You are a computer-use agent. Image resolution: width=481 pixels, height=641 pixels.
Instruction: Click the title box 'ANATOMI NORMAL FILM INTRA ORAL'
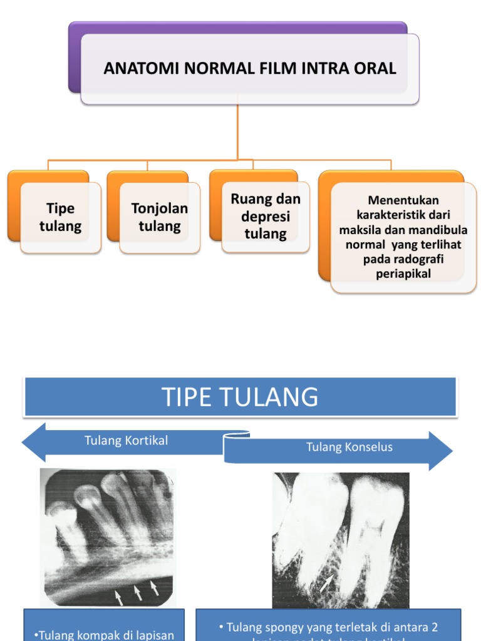pos(249,68)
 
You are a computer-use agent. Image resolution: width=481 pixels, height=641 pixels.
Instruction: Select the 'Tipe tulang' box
pos(60,217)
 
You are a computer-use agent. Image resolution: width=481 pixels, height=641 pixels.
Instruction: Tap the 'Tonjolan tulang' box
pos(160,217)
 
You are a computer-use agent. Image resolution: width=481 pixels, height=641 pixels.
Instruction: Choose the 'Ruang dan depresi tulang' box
pos(266,216)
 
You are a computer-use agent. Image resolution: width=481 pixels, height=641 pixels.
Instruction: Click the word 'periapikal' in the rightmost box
pos(403,274)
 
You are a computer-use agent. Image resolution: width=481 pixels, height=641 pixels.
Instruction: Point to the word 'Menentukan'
pos(403,200)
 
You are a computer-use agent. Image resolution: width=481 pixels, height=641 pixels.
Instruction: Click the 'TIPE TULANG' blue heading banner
pos(240,397)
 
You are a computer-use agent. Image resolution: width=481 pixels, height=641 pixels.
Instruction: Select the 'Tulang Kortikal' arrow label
pos(127,441)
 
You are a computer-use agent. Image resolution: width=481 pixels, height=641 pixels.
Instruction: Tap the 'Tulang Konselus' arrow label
pos(349,447)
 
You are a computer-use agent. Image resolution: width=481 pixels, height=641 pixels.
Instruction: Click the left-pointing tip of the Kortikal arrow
pos(26,442)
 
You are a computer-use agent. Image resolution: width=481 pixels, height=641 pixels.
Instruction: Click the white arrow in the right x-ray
pos(326,583)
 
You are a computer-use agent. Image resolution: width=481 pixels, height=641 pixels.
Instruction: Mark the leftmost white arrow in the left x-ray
pos(119,598)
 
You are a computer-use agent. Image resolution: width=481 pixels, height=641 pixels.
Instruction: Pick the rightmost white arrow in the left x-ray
pos(154,587)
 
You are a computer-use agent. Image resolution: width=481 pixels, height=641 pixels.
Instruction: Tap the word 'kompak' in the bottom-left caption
pos(90,635)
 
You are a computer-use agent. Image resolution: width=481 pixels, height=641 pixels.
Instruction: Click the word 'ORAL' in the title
pos(376,68)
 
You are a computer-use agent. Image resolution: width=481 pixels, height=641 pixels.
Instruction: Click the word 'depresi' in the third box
pos(266,217)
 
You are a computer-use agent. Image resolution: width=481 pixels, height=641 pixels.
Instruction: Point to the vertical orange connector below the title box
pos(238,131)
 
